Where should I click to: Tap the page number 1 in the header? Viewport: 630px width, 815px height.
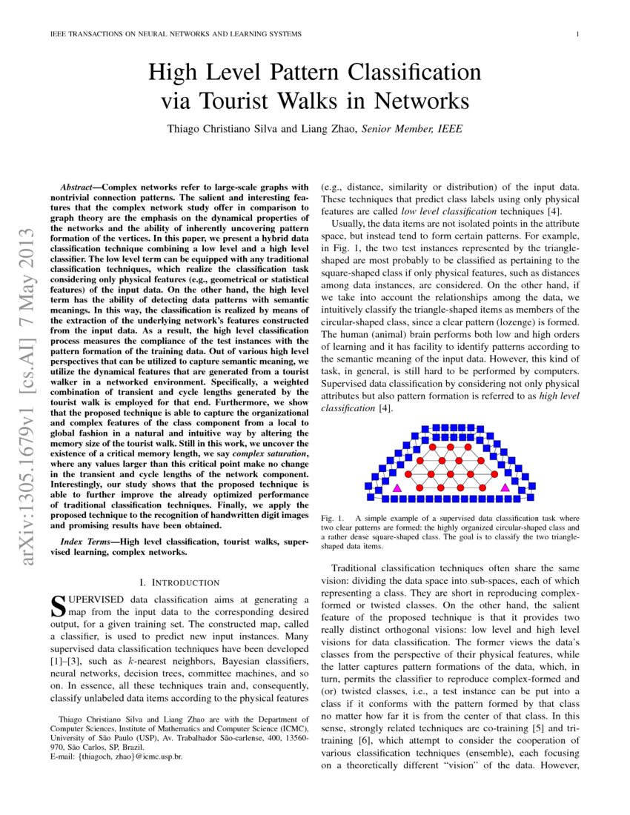[577, 35]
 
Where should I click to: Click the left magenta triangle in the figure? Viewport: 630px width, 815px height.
[397, 488]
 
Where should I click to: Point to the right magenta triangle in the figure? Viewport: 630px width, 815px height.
[505, 488]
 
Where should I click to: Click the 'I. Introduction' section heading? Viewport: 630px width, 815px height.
[182, 583]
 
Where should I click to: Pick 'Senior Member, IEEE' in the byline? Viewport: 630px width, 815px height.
[411, 129]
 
